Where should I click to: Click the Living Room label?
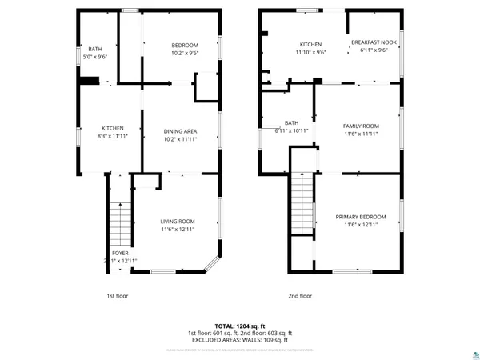point(177,221)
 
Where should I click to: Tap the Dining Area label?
point(180,131)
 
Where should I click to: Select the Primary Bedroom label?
point(361,217)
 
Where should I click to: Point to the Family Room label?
point(361,126)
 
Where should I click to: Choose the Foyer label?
point(120,253)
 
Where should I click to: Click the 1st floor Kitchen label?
point(112,129)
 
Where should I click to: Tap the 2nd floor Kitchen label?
point(310,44)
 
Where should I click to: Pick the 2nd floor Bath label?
point(291,122)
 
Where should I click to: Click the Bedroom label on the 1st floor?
point(185,45)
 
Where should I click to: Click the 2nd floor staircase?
point(302,204)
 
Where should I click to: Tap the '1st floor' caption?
point(118,296)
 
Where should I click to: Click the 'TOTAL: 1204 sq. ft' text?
point(239,326)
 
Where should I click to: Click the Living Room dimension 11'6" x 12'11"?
point(177,229)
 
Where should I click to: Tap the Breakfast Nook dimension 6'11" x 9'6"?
point(373,50)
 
